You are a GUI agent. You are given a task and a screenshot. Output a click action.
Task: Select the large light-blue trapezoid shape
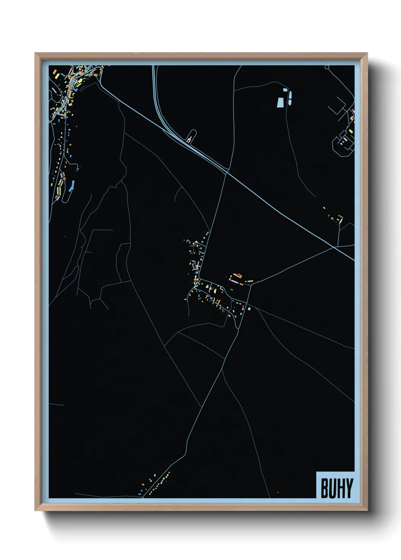click(x=280, y=102)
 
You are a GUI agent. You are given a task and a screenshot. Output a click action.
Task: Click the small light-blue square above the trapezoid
click(x=285, y=90)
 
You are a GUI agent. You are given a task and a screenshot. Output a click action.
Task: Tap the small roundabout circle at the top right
click(x=327, y=67)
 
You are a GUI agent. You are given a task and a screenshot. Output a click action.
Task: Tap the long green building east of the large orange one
click(x=250, y=281)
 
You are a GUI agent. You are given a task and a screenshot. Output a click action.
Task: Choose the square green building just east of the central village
click(x=249, y=309)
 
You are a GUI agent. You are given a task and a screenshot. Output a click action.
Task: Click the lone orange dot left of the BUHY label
click(x=278, y=492)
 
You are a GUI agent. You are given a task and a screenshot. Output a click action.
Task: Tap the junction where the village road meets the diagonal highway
click(x=227, y=173)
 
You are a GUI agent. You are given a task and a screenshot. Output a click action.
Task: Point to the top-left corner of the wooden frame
click(x=35, y=53)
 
